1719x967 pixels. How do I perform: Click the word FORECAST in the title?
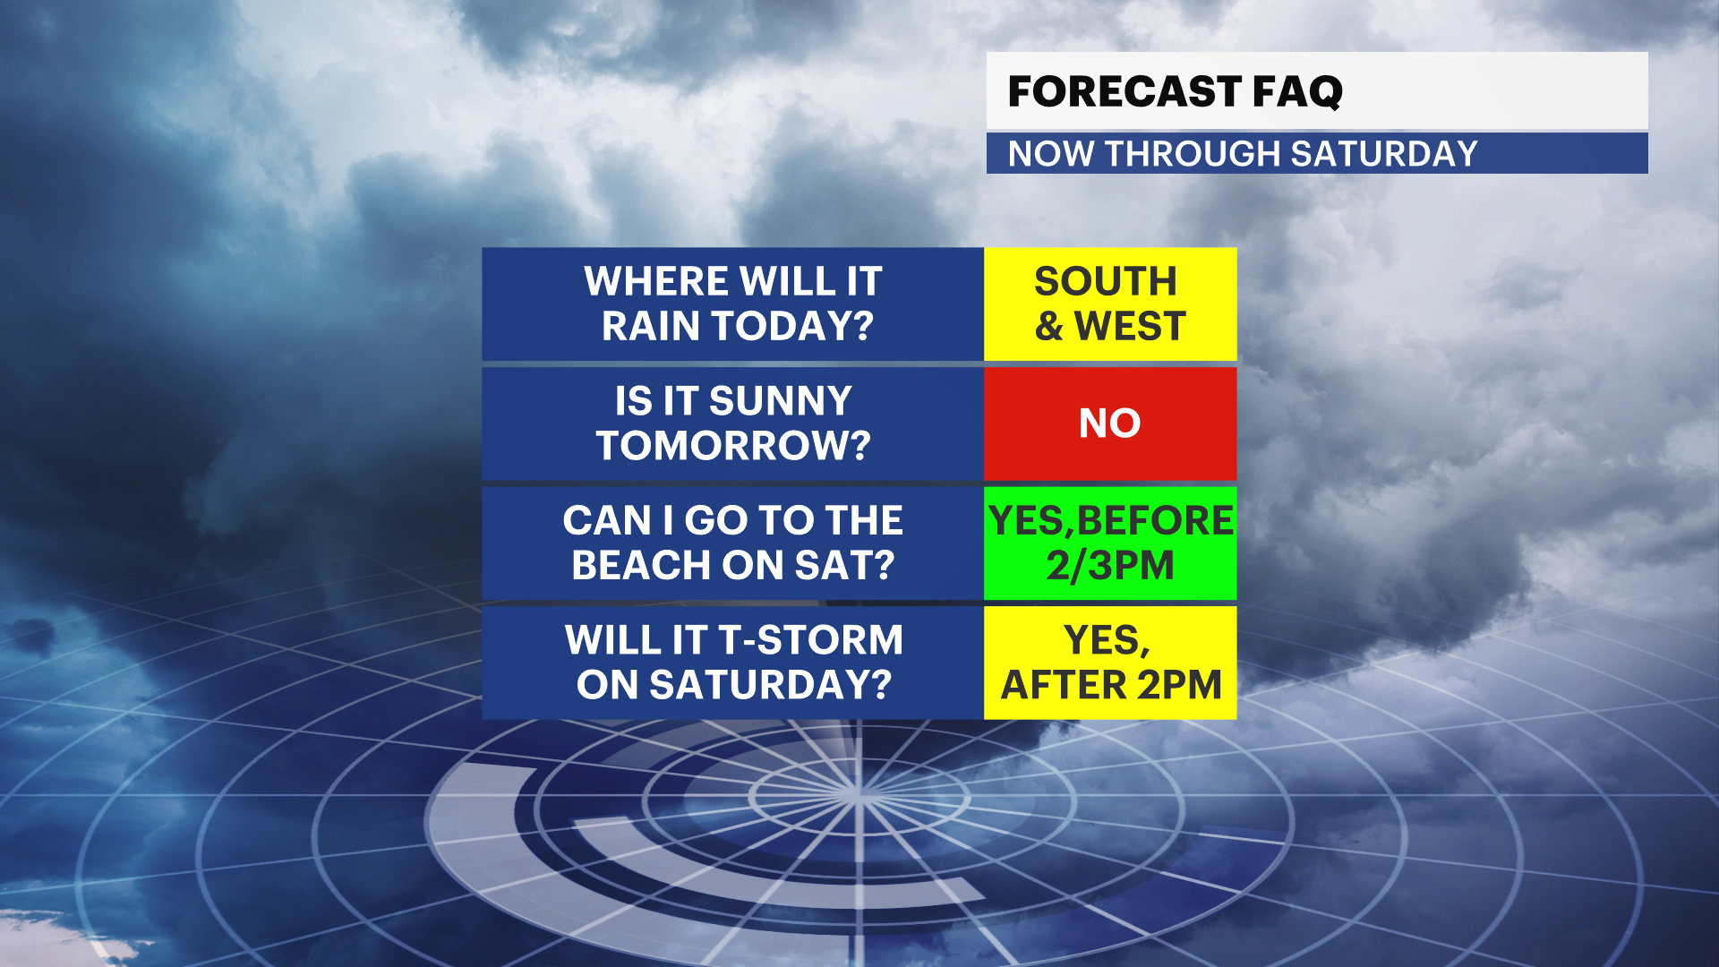[1124, 91]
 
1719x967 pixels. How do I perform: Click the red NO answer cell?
[1110, 424]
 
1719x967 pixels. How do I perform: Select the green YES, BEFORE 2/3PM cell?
[1110, 543]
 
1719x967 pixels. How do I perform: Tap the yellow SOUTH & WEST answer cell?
[1110, 304]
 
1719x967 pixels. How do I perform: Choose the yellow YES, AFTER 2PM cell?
[1110, 663]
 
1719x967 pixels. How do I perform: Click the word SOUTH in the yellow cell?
[1106, 281]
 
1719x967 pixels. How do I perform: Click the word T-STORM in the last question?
[811, 640]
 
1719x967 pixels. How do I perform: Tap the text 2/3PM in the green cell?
[1110, 565]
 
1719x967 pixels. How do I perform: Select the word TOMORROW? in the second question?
[733, 445]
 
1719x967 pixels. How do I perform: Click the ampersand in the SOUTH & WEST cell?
[1049, 326]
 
